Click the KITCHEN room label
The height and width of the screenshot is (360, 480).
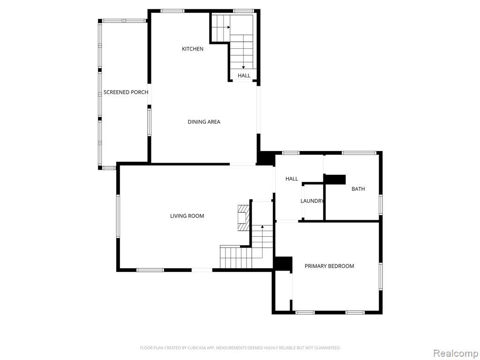[x=193, y=49]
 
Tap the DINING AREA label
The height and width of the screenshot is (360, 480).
[x=204, y=122]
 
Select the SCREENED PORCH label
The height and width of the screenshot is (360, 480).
[x=126, y=92]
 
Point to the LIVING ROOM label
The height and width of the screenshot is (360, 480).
[x=187, y=216]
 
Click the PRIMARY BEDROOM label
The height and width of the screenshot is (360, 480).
[x=330, y=266]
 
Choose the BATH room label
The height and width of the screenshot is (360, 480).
[x=358, y=189]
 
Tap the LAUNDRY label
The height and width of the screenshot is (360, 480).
[x=312, y=201]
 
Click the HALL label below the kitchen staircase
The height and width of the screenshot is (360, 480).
[x=244, y=75]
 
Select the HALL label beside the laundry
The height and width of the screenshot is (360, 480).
[x=292, y=179]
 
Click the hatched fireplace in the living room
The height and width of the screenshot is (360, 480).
[x=244, y=217]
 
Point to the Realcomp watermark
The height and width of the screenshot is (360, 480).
[x=455, y=353]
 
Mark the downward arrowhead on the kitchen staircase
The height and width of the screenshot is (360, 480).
[x=243, y=67]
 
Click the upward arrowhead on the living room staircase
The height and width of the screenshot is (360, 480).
[x=262, y=227]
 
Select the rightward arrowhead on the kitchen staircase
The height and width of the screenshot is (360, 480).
[x=228, y=27]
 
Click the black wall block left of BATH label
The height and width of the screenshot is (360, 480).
[x=335, y=180]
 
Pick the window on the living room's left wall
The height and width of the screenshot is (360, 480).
[x=118, y=216]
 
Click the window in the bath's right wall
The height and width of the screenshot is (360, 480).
[x=381, y=204]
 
